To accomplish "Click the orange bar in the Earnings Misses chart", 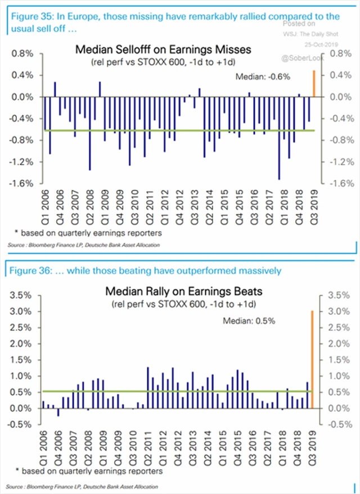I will click(x=314, y=84).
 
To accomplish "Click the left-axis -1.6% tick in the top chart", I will click(x=22, y=184).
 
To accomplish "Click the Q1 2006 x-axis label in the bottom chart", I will click(x=43, y=447).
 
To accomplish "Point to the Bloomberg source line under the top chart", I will click(x=84, y=246).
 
